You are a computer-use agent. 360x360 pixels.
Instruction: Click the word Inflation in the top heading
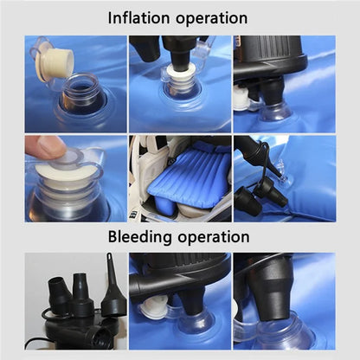pos(138,18)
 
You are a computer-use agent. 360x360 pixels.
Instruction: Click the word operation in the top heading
pos(211,19)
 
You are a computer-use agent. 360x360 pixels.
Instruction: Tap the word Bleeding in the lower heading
pos(139,237)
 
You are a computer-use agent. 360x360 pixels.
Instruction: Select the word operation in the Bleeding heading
pos(214,238)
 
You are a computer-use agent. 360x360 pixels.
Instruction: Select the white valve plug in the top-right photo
pos(241,98)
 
